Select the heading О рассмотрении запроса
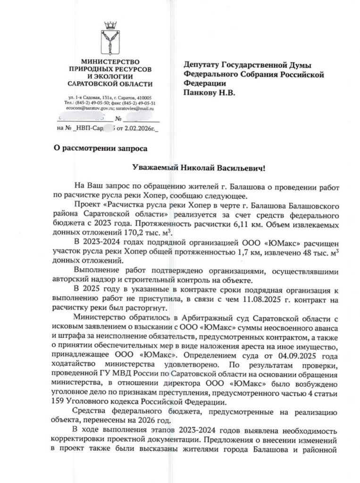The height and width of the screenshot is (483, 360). click(x=100, y=148)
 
